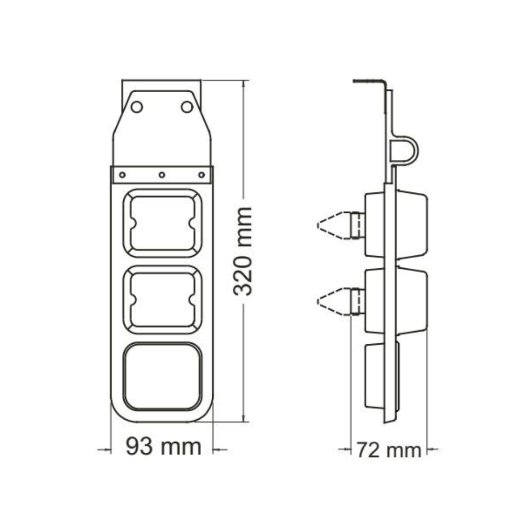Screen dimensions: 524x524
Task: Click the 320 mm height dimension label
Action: (x=243, y=252)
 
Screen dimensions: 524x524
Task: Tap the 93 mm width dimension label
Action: (x=163, y=446)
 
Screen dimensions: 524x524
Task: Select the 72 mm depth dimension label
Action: (x=389, y=450)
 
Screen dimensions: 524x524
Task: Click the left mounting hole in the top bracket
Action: (x=137, y=107)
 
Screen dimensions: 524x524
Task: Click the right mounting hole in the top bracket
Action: (x=187, y=107)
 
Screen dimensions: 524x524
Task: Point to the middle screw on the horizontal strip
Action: (x=162, y=174)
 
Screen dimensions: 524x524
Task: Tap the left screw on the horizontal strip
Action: (x=122, y=174)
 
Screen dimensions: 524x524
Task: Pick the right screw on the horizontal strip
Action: (x=202, y=174)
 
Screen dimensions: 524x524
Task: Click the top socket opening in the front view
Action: (x=162, y=223)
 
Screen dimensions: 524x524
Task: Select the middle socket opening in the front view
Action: (x=162, y=300)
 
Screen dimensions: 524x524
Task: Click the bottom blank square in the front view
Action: (x=162, y=376)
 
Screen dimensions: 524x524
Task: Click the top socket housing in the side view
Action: (x=396, y=224)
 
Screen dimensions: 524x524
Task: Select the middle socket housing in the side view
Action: (x=396, y=301)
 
